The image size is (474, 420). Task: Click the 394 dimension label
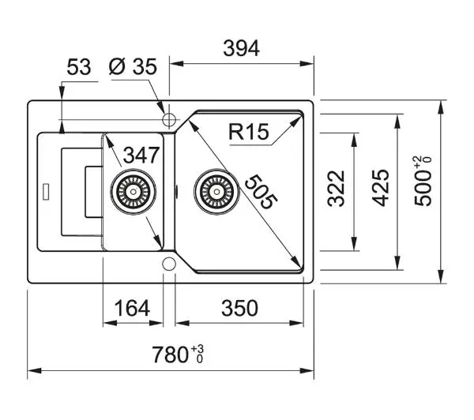(x=241, y=48)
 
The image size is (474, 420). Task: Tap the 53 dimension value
(x=78, y=67)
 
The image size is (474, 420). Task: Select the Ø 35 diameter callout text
(x=133, y=67)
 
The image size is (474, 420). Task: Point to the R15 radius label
(x=249, y=132)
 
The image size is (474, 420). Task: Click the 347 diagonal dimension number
(x=141, y=155)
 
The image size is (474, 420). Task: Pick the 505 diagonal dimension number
(x=261, y=192)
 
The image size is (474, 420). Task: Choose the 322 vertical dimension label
(x=337, y=189)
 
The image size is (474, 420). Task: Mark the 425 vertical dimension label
(x=380, y=188)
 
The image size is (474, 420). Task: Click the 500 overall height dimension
(x=423, y=182)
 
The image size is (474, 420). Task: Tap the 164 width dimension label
(x=132, y=308)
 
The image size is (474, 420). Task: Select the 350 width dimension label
(x=239, y=308)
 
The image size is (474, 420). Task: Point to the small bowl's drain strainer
(x=133, y=192)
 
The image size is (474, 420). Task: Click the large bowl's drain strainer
(x=216, y=192)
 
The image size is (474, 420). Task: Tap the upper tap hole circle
(x=169, y=120)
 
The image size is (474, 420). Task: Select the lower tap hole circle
(x=169, y=264)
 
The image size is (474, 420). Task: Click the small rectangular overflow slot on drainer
(x=47, y=192)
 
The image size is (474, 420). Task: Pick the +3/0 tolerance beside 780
(x=197, y=354)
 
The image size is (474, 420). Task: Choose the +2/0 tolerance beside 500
(x=423, y=163)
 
